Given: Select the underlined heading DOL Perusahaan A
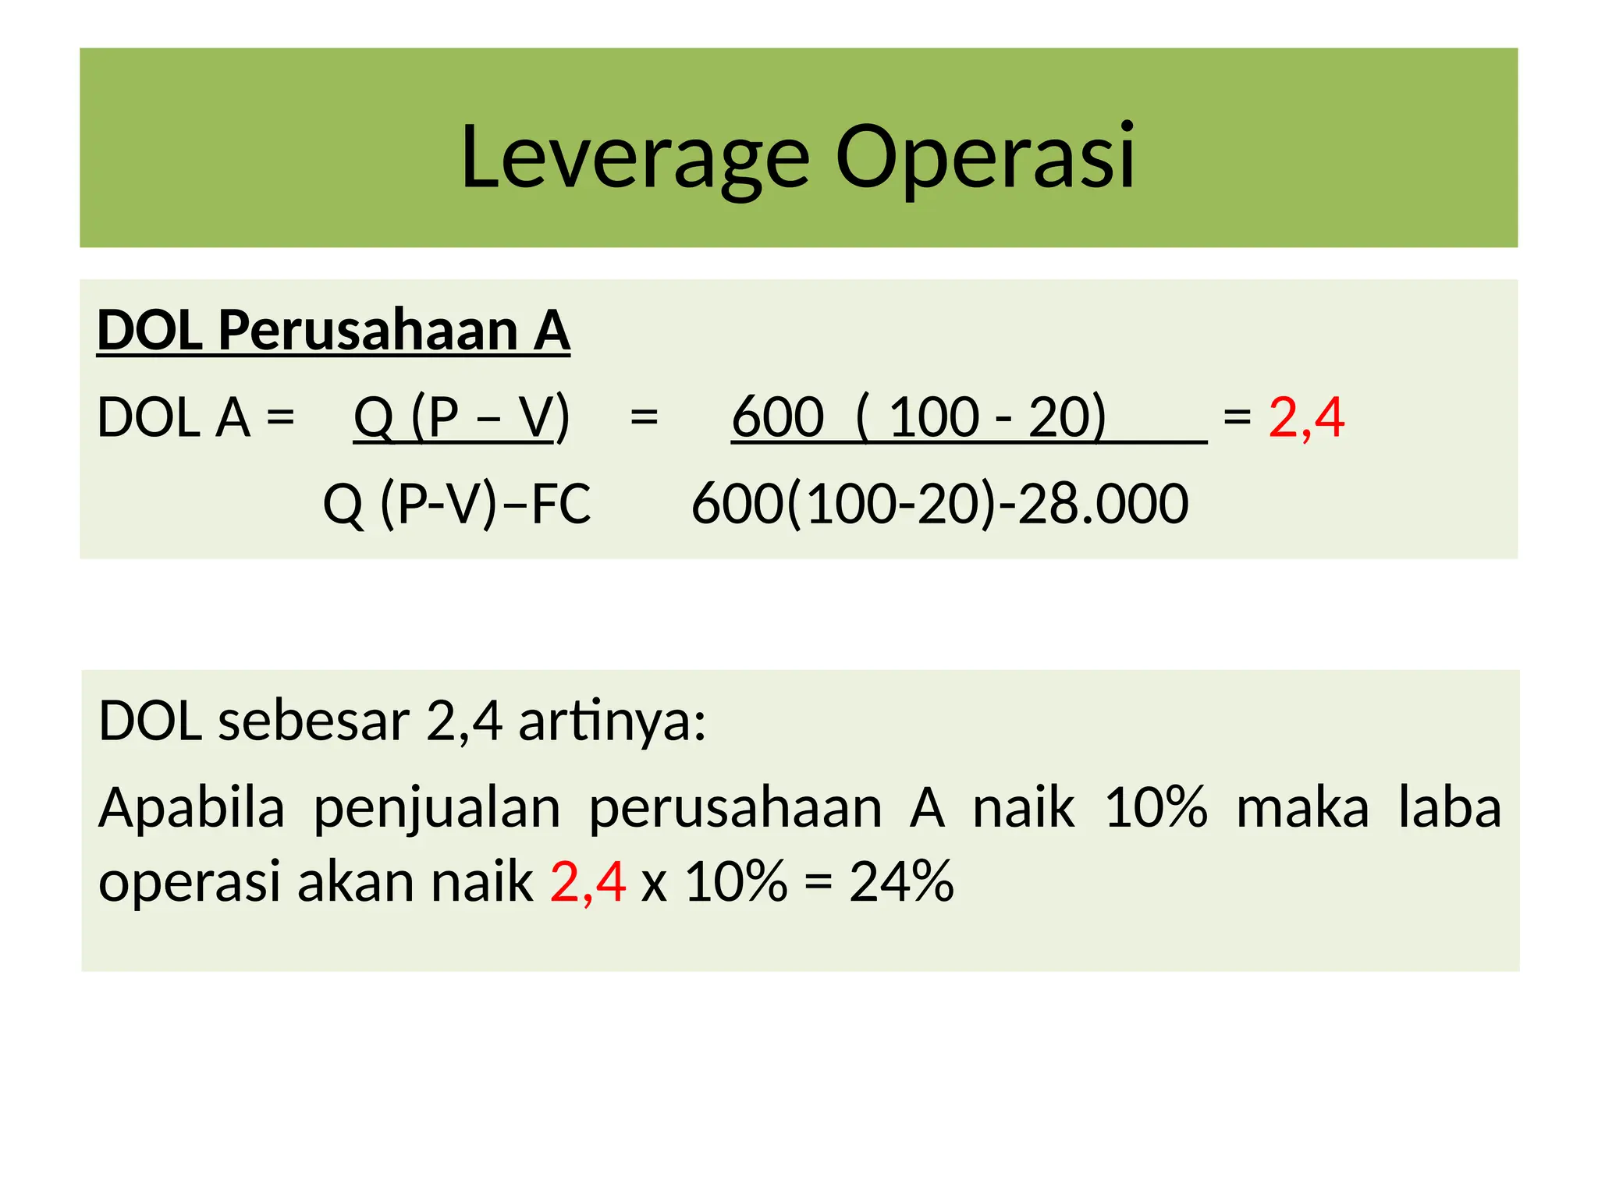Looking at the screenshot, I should tap(333, 331).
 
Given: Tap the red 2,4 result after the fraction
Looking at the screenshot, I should tap(1306, 418).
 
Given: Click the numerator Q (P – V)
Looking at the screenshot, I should tap(461, 418).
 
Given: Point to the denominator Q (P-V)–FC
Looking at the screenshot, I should tap(456, 504).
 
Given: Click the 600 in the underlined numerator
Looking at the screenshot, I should tap(777, 418).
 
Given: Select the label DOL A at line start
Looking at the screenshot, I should tap(173, 418).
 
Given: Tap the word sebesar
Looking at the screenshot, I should tap(314, 721).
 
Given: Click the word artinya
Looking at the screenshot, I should tap(613, 721).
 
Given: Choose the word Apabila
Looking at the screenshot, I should tap(192, 808).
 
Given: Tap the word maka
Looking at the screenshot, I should tap(1302, 808).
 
